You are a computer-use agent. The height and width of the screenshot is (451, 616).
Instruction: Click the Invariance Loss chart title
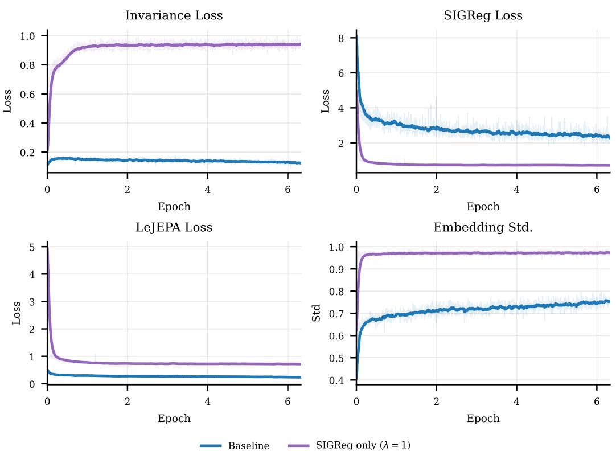tap(174, 15)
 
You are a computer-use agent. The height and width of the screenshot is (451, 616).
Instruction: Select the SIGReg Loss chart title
tap(483, 15)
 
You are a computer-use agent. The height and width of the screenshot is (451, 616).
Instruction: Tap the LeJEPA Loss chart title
tap(174, 227)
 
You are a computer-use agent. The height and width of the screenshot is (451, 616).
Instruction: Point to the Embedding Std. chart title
tap(483, 227)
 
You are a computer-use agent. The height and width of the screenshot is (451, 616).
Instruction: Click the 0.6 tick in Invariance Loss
tap(27, 95)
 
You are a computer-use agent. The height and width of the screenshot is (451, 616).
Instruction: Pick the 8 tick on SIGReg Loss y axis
tap(340, 38)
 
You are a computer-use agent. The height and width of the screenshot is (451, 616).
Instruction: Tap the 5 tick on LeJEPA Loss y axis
tap(32, 247)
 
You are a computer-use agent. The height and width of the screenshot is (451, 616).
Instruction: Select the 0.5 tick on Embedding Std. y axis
tap(336, 358)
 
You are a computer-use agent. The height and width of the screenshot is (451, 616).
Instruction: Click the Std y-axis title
tap(316, 313)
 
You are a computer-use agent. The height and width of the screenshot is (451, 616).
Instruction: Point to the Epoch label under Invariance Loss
tap(174, 207)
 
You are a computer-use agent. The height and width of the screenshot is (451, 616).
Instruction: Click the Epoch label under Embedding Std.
tap(483, 419)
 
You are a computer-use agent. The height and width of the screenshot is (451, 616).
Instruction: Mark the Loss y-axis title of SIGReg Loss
tap(325, 101)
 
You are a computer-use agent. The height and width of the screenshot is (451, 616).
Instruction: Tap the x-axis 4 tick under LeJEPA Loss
tap(207, 401)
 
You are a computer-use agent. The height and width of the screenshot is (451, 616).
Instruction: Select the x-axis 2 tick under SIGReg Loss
tap(437, 190)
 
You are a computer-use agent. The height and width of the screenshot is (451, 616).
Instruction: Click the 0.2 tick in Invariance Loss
tap(27, 153)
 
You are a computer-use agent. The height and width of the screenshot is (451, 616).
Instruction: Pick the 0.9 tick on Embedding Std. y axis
tap(336, 269)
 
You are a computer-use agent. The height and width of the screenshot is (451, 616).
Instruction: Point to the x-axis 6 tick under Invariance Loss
tap(288, 190)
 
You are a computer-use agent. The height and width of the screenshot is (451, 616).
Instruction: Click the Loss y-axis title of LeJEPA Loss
tap(16, 313)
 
